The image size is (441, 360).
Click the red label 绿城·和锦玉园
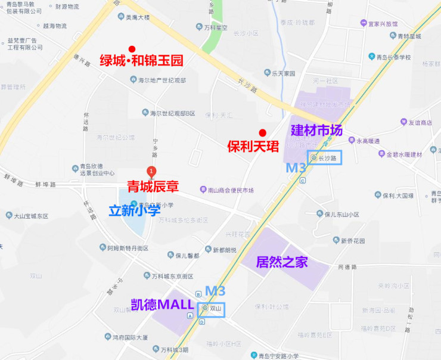pos(141,60)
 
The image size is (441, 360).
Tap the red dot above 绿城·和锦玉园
pos(132,49)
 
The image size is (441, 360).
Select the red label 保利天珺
pos(253,145)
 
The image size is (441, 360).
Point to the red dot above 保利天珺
pos(262,132)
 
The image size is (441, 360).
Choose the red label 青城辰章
pos(153,187)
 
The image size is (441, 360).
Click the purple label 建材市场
pos(317,130)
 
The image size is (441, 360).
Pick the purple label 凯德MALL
pos(162,305)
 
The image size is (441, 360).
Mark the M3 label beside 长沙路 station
pos(296,168)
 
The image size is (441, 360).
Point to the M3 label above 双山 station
pos(215,291)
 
